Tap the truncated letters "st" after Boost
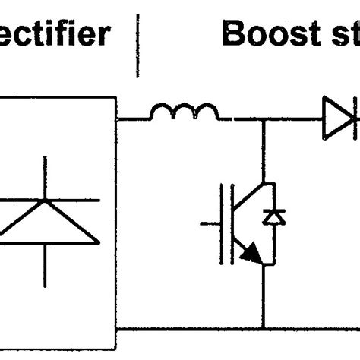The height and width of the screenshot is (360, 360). click(341, 35)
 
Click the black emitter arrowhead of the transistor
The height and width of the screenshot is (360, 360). click(250, 257)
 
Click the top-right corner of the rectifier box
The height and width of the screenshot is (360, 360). click(115, 97)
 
